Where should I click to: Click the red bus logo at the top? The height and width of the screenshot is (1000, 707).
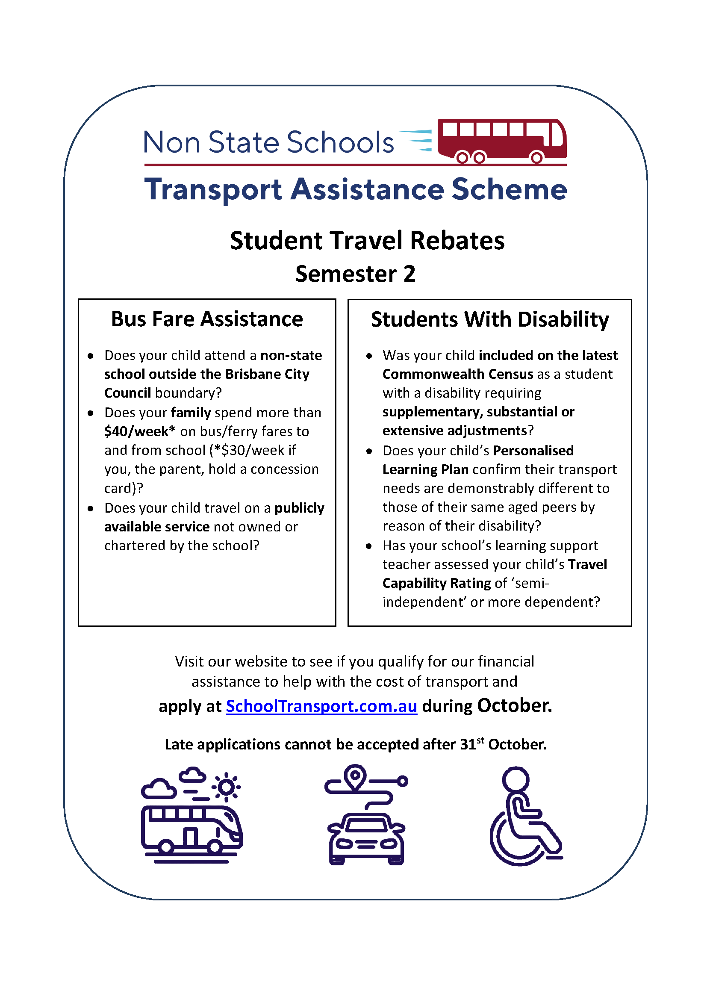tap(501, 141)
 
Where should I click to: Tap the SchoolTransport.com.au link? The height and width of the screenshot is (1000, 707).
tap(321, 706)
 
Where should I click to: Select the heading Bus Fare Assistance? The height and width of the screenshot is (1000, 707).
tap(207, 319)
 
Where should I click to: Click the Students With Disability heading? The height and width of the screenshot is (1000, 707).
tap(490, 319)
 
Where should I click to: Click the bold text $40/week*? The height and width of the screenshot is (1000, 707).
tap(140, 432)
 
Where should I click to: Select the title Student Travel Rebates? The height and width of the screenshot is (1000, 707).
tap(367, 241)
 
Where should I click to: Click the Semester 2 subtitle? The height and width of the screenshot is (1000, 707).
tap(355, 274)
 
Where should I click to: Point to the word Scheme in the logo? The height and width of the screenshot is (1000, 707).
tap(509, 189)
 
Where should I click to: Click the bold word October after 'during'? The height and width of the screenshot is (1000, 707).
tap(514, 705)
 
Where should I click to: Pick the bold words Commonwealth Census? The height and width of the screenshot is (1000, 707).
tap(457, 375)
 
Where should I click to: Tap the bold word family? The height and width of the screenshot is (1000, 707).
tap(191, 413)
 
